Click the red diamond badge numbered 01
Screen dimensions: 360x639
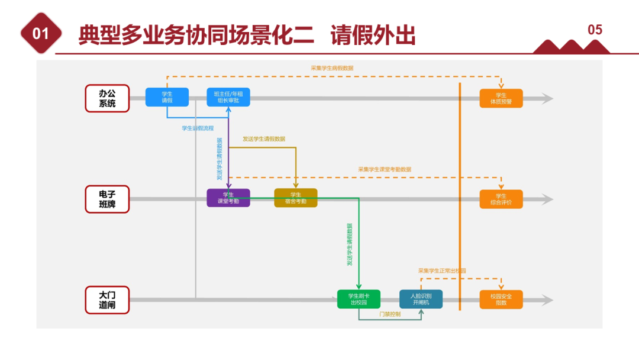coord(41,34)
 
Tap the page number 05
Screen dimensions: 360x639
coord(595,30)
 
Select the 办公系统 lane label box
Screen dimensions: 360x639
coord(107,98)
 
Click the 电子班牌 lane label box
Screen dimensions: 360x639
coord(107,200)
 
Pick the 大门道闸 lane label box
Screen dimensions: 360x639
coord(107,300)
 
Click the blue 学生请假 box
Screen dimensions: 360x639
coord(167,97)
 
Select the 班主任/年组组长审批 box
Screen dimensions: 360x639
coord(228,97)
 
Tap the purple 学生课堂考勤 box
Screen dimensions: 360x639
coord(228,198)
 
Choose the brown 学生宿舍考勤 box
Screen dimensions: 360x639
coord(296,198)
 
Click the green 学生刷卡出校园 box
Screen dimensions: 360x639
coord(359,299)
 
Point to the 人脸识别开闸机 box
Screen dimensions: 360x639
coord(421,299)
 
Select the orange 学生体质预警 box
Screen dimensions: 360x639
coord(501,98)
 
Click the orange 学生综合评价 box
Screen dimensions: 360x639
coord(501,199)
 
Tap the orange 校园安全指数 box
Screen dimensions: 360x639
coord(501,299)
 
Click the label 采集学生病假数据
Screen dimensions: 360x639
coord(332,68)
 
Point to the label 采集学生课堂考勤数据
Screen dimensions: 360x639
coord(385,169)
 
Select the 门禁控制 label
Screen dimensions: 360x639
coord(390,314)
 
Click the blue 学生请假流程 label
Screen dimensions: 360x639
coord(198,128)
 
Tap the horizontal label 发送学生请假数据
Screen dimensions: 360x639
coord(264,139)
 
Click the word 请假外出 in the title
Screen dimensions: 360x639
coord(373,36)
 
